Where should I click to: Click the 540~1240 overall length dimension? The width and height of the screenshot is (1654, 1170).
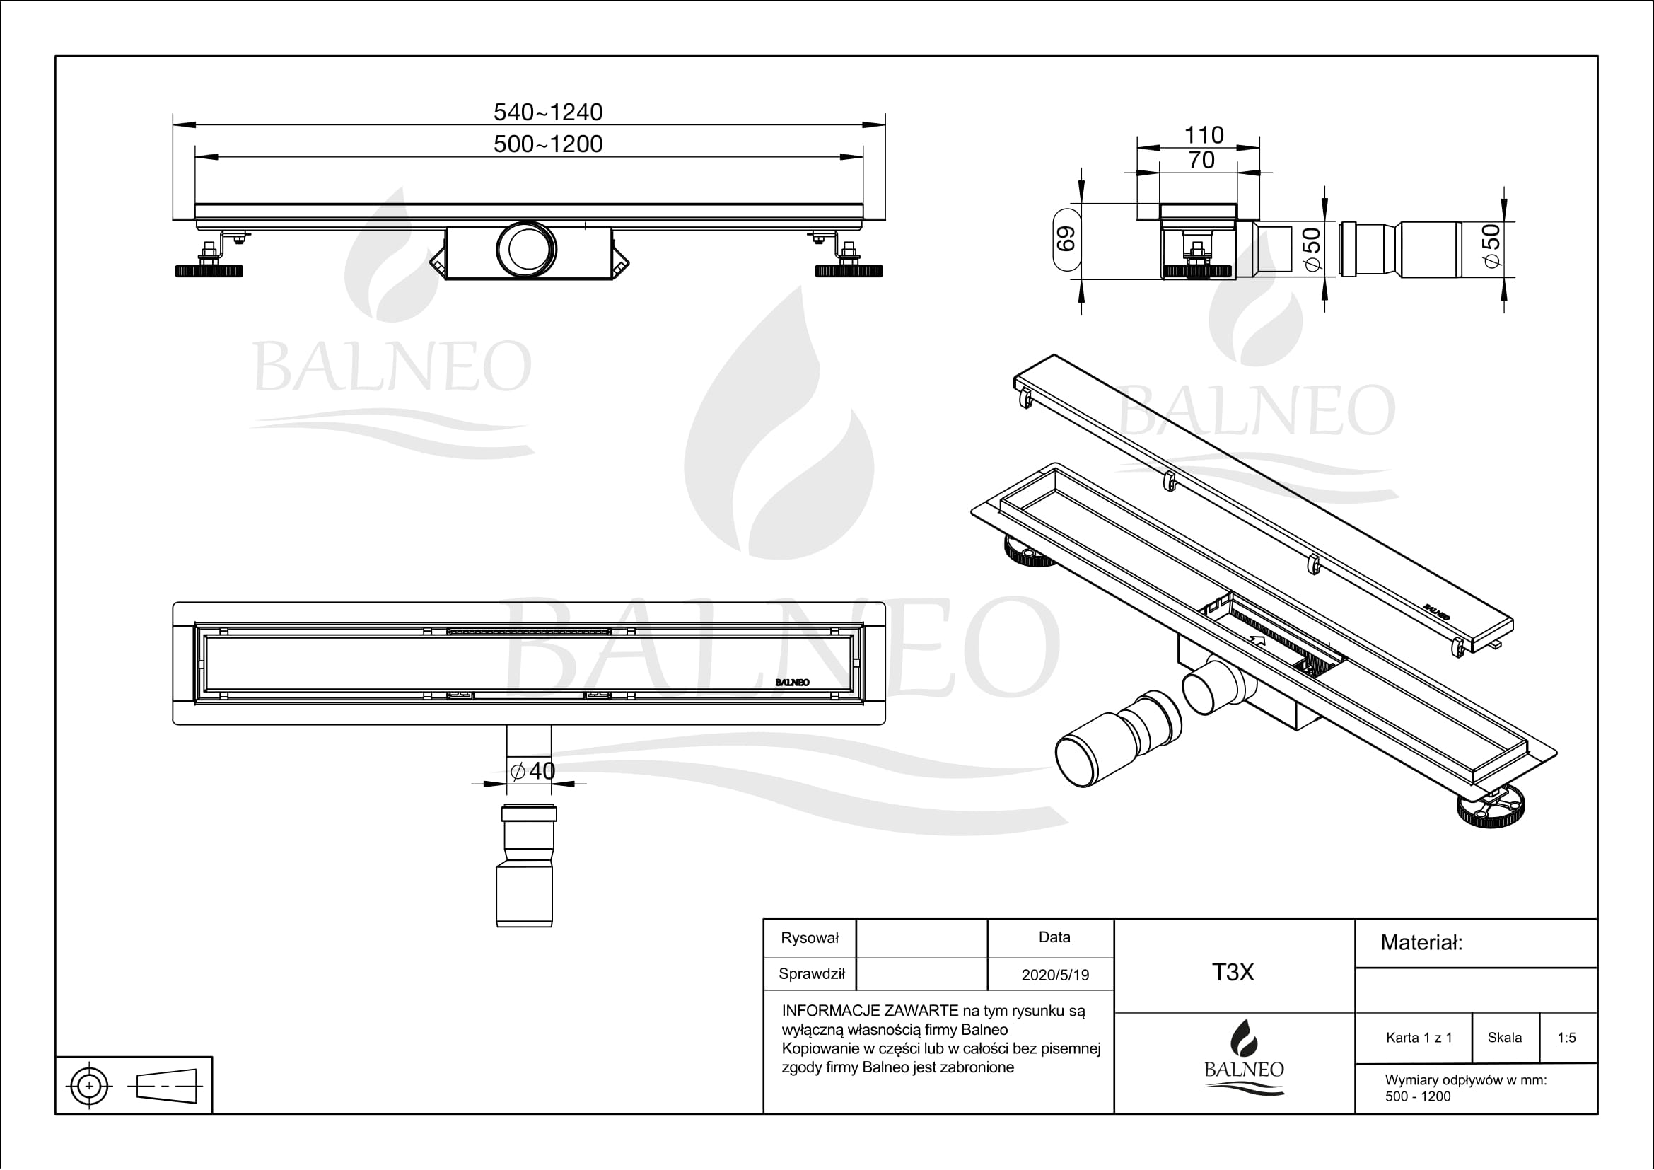pos(547,112)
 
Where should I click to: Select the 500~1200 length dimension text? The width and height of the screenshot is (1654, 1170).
pos(547,144)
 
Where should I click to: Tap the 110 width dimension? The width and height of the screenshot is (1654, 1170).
pos(1204,134)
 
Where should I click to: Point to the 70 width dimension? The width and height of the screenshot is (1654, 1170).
pos(1201,160)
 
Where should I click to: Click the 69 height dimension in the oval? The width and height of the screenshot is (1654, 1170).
pos(1066,239)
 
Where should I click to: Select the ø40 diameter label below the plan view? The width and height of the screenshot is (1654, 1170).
pos(532,771)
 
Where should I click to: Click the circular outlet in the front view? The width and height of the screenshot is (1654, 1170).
pos(527,248)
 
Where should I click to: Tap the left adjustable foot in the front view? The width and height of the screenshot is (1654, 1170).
pos(209,270)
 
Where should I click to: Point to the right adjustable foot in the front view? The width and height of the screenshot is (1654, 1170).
pos(849,270)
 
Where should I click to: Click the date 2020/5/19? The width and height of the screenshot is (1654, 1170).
pos(1054,975)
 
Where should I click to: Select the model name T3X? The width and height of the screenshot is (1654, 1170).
pos(1233,972)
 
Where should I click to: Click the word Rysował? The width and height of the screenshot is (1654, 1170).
pos(810,938)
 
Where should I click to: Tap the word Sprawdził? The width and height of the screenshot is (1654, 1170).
pos(811,974)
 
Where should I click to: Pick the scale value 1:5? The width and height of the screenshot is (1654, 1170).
pos(1566,1038)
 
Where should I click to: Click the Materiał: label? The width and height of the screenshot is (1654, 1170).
pos(1421,942)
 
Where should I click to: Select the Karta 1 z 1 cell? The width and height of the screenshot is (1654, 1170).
pos(1419,1038)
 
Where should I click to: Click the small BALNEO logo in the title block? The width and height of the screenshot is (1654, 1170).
pos(1243,1058)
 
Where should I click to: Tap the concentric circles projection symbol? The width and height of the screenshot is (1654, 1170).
pos(89,1085)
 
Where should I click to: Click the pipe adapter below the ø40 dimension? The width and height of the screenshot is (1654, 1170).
pos(525,864)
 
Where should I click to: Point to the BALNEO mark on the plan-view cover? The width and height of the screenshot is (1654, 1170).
pos(792,682)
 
